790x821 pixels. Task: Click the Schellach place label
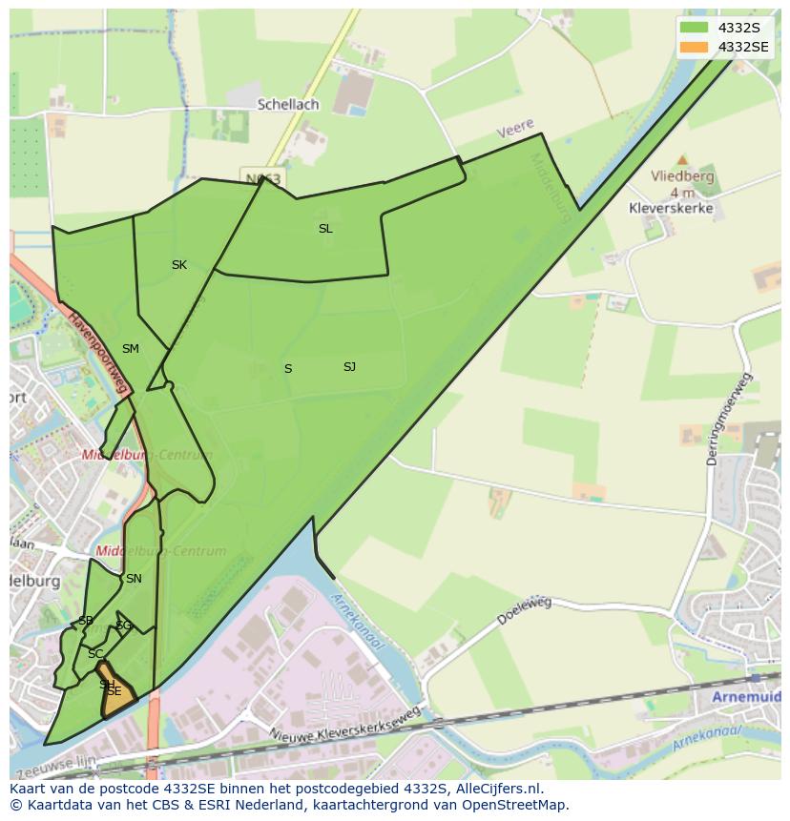click(287, 104)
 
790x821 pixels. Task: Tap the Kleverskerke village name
click(671, 208)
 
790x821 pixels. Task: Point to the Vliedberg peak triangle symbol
click(681, 160)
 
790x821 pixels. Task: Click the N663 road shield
click(262, 178)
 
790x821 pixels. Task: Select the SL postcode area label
click(325, 229)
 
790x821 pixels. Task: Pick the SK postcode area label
click(179, 265)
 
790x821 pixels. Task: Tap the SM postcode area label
click(131, 349)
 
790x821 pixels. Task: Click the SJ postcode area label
click(349, 367)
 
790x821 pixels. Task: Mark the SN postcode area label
click(134, 579)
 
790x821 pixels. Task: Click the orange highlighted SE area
click(116, 694)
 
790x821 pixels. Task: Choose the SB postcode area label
click(86, 621)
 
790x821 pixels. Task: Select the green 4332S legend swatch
click(694, 28)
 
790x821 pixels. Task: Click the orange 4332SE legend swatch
click(694, 47)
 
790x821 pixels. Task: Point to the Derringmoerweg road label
click(725, 420)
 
